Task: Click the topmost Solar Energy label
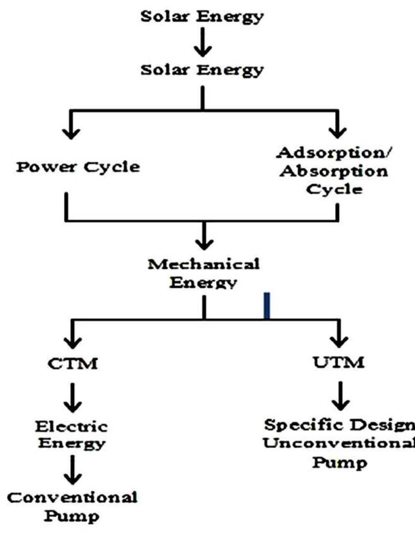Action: click(202, 17)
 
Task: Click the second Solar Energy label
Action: click(202, 70)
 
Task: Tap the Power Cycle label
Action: click(78, 167)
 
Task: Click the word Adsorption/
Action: click(334, 153)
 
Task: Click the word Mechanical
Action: click(204, 264)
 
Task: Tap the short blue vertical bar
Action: click(267, 306)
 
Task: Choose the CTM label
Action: click(73, 364)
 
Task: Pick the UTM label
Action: click(339, 362)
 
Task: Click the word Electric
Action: click(71, 427)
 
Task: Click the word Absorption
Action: click(334, 171)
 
